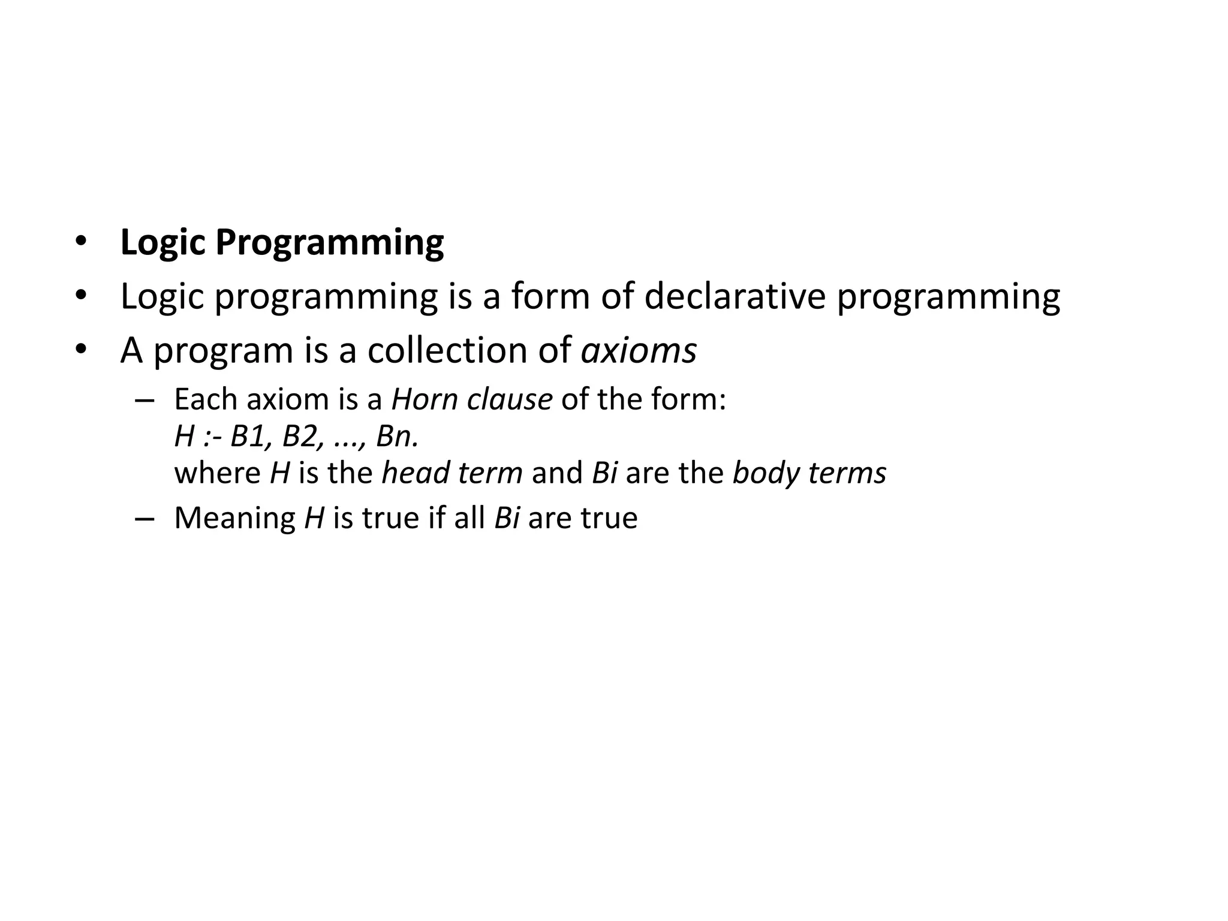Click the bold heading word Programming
click(329, 243)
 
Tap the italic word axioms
click(639, 350)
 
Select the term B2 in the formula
click(299, 437)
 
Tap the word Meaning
click(234, 518)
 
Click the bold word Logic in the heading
click(162, 243)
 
